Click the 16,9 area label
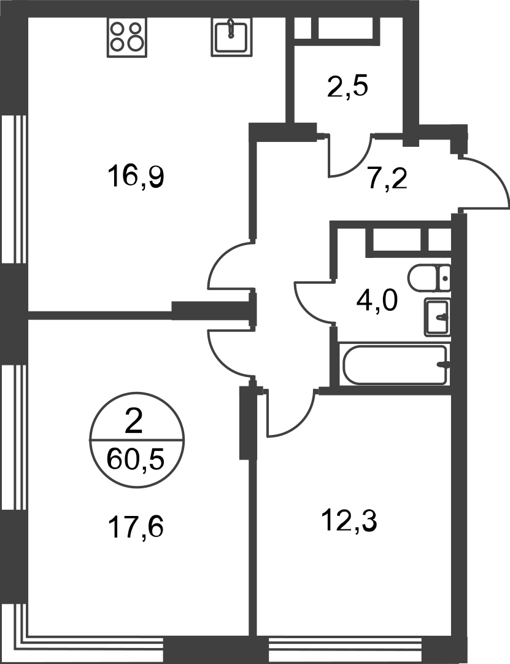tap(136, 176)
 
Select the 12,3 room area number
tap(349, 521)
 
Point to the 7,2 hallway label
tap(387, 180)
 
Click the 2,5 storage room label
tap(347, 87)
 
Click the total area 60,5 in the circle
tap(136, 459)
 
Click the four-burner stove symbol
tap(126, 37)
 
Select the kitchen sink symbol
tap(230, 37)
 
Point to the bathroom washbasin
tap(437, 317)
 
